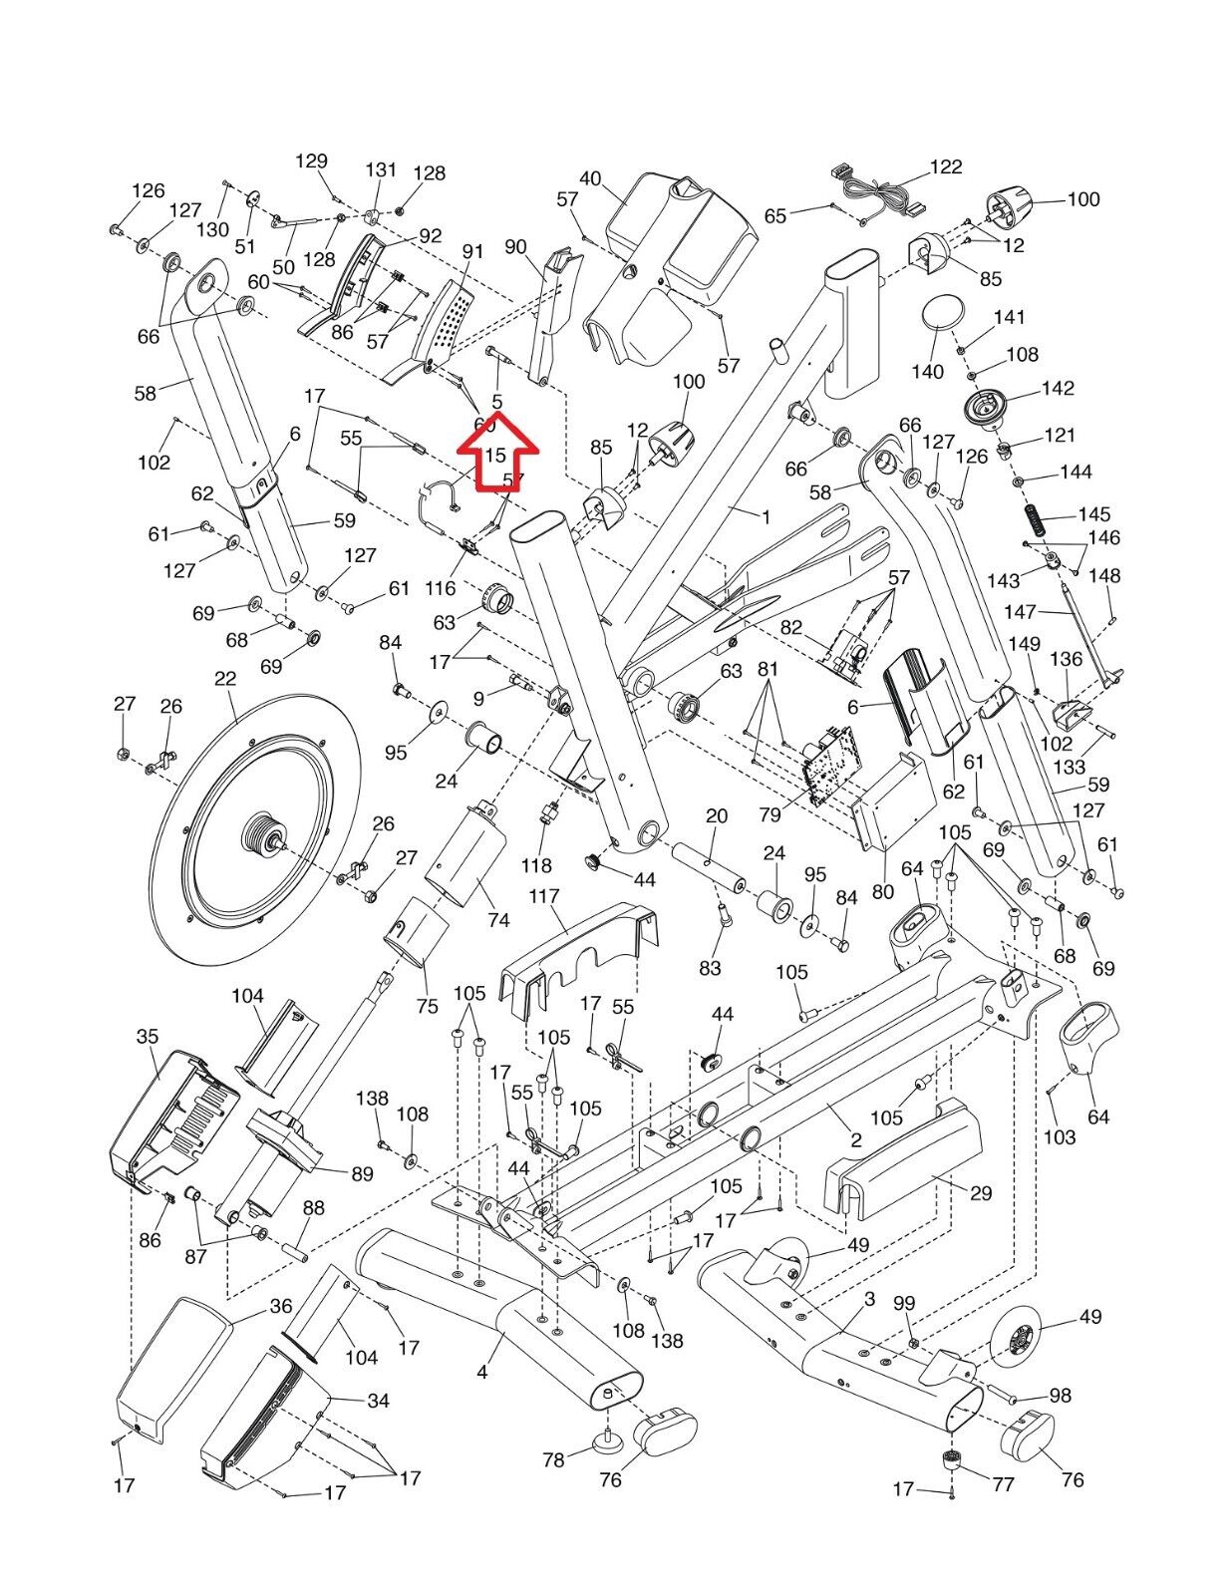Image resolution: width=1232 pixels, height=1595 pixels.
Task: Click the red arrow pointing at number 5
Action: coord(496,456)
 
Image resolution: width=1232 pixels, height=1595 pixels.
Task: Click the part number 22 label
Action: coord(225,678)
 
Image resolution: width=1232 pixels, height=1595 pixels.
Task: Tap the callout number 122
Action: coord(946,166)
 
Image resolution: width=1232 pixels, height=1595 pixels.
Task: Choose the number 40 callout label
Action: coord(590,178)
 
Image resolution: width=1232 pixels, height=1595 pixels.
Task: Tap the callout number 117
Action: coord(544,896)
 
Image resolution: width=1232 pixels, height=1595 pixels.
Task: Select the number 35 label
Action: coord(148,1036)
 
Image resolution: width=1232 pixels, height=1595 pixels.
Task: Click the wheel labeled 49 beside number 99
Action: coord(1019,1331)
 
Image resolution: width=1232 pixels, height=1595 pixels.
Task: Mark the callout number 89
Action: coord(362,1173)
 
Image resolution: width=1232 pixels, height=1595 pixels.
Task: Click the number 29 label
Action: coord(981,1192)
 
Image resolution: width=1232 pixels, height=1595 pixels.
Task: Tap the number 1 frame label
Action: coord(766,516)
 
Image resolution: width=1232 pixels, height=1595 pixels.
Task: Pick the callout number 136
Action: coord(1067,659)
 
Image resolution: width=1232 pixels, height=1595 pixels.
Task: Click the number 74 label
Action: coord(498,920)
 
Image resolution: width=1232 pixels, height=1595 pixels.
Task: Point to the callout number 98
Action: coord(1060,1395)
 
